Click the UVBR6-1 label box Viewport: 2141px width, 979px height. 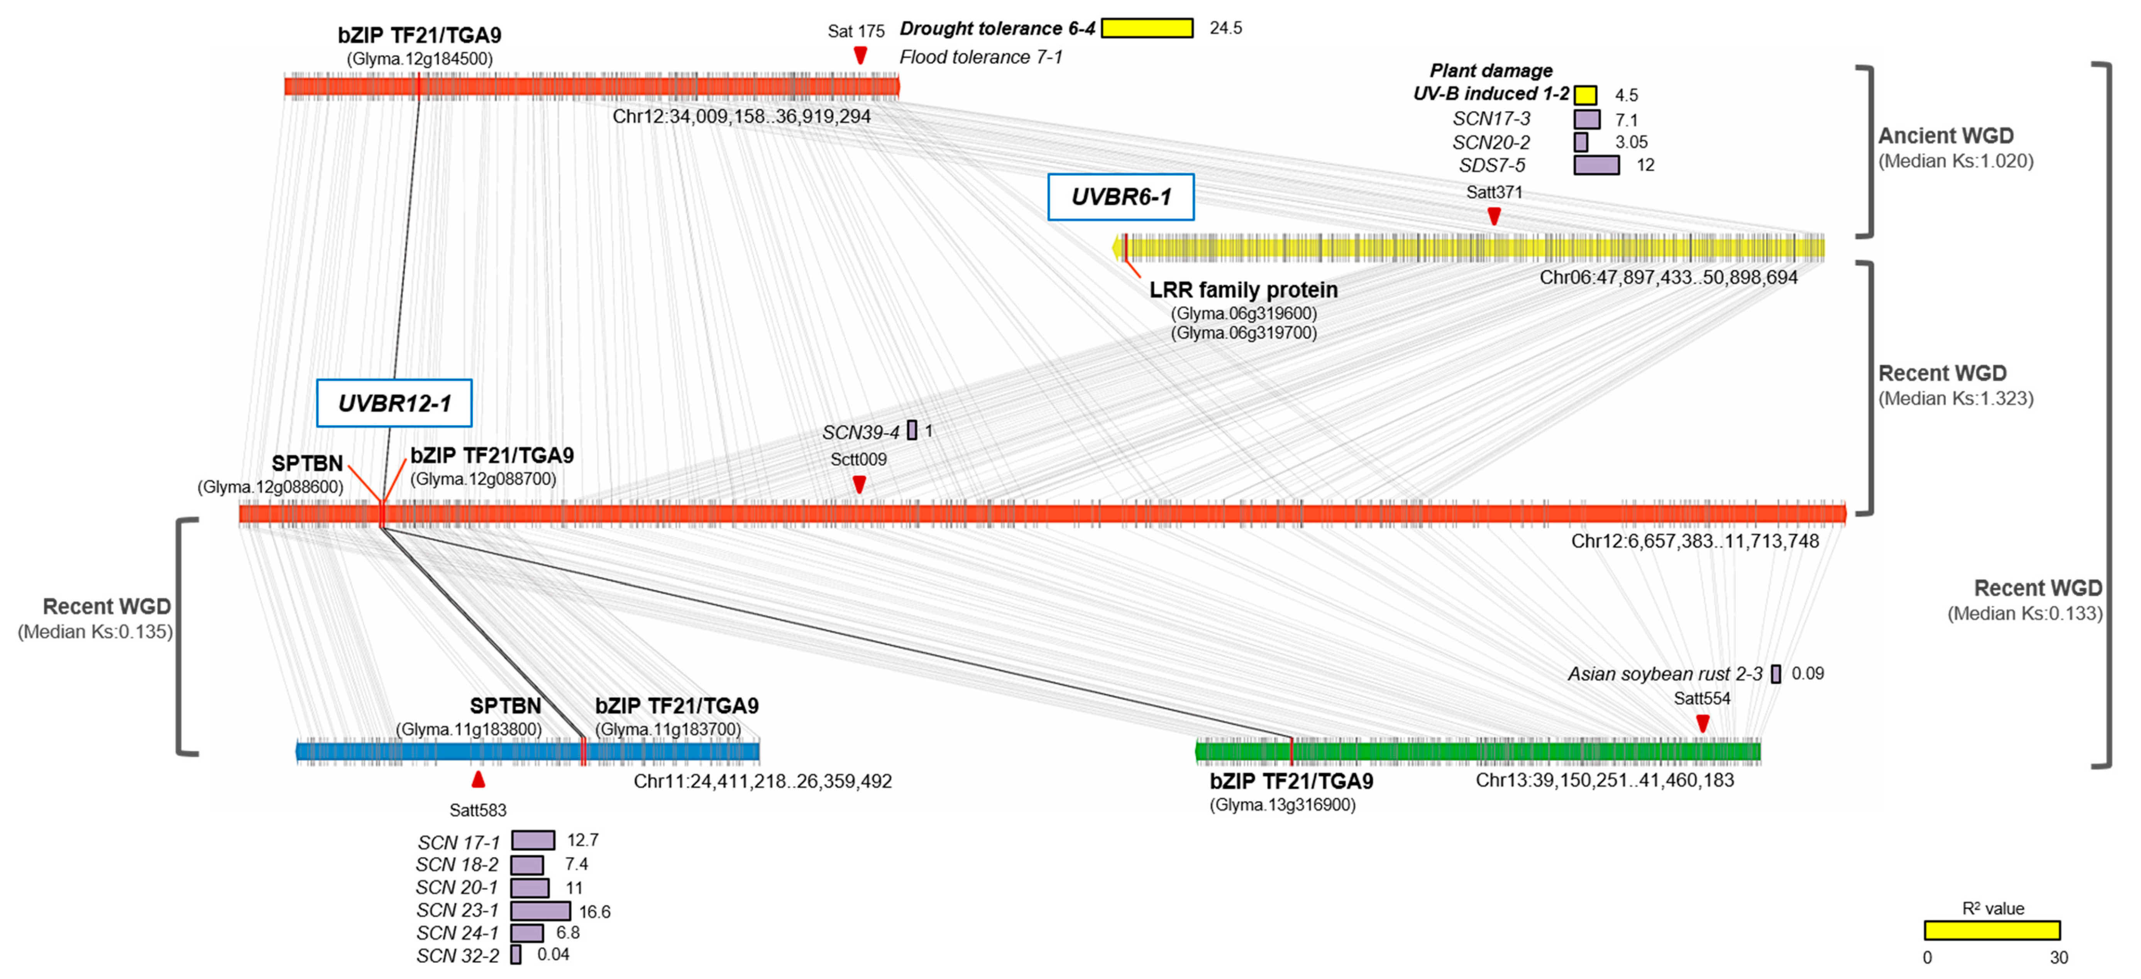(1120, 197)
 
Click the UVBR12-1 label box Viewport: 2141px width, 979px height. (394, 403)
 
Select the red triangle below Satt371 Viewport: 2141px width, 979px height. (1494, 216)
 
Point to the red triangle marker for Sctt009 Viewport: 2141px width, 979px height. (860, 484)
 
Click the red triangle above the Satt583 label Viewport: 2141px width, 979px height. (478, 779)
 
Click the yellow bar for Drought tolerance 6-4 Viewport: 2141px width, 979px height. (1147, 28)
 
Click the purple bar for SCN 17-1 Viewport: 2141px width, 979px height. (533, 840)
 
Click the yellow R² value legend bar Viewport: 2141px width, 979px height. (1992, 930)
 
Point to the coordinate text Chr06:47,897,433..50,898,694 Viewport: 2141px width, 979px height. (1668, 277)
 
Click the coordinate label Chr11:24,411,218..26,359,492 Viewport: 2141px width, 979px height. (762, 781)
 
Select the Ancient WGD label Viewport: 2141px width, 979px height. (1946, 135)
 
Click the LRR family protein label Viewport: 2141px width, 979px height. (1243, 290)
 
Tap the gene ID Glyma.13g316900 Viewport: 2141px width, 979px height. (1283, 805)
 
